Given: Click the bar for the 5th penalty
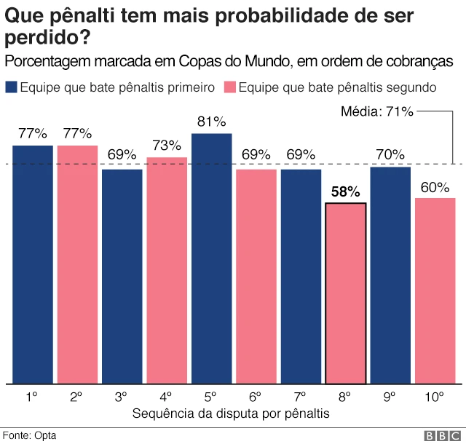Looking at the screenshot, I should tap(211, 258).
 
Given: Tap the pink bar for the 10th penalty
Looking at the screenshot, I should tap(435, 290).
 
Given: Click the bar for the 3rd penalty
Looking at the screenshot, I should tap(122, 276).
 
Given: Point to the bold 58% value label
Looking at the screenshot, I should tap(345, 192).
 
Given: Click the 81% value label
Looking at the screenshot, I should tap(211, 122).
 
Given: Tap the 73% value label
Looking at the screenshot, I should tap(167, 145).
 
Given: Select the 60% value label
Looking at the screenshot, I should tap(435, 186).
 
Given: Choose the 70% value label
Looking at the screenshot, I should tap(390, 154).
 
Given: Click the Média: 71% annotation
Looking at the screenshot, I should tap(377, 111).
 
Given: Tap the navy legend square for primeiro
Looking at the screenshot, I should tap(11, 87).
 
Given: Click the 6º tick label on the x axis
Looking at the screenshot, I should tap(256, 397).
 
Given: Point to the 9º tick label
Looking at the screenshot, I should tap(390, 397).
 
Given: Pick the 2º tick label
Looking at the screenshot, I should tap(77, 397).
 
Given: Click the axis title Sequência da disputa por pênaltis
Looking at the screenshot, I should tap(232, 413).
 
